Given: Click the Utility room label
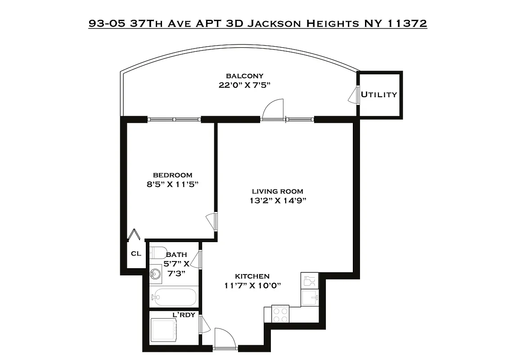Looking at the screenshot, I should [x=379, y=94].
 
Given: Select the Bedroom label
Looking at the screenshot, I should [x=172, y=175].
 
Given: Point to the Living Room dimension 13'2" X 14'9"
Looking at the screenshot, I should [x=278, y=201].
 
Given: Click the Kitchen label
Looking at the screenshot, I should [x=252, y=276].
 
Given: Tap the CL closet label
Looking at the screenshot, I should [x=135, y=254].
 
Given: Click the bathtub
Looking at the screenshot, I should [x=174, y=297].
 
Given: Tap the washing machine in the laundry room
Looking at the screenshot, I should [x=163, y=330].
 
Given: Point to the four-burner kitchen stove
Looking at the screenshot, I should [x=280, y=314].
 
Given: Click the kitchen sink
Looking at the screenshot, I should [x=310, y=297].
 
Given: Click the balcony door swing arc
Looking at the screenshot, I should [x=272, y=109].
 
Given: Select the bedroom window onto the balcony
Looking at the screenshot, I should [x=174, y=120].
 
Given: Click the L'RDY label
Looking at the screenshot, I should [x=184, y=315].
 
